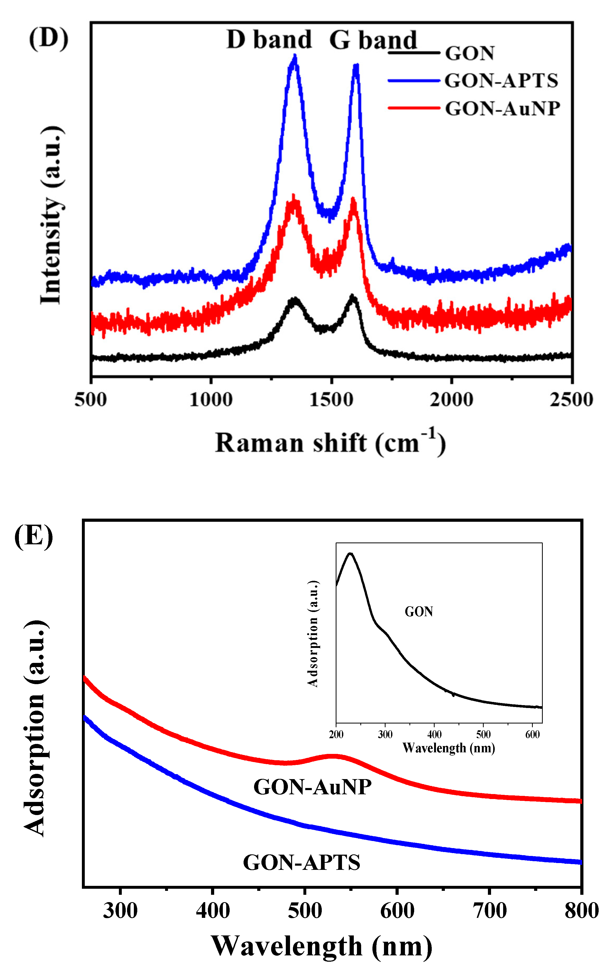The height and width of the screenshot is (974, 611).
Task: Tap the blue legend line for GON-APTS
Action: point(413,81)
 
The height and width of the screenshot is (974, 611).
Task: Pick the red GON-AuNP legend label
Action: point(502,109)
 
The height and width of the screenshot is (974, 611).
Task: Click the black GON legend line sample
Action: point(413,53)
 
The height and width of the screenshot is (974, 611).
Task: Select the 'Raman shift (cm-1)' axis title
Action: point(330,443)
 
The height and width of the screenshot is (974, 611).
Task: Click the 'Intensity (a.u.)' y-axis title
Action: point(52,215)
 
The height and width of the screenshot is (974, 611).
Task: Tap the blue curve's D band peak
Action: point(294,58)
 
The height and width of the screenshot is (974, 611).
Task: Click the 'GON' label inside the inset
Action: point(419,612)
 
